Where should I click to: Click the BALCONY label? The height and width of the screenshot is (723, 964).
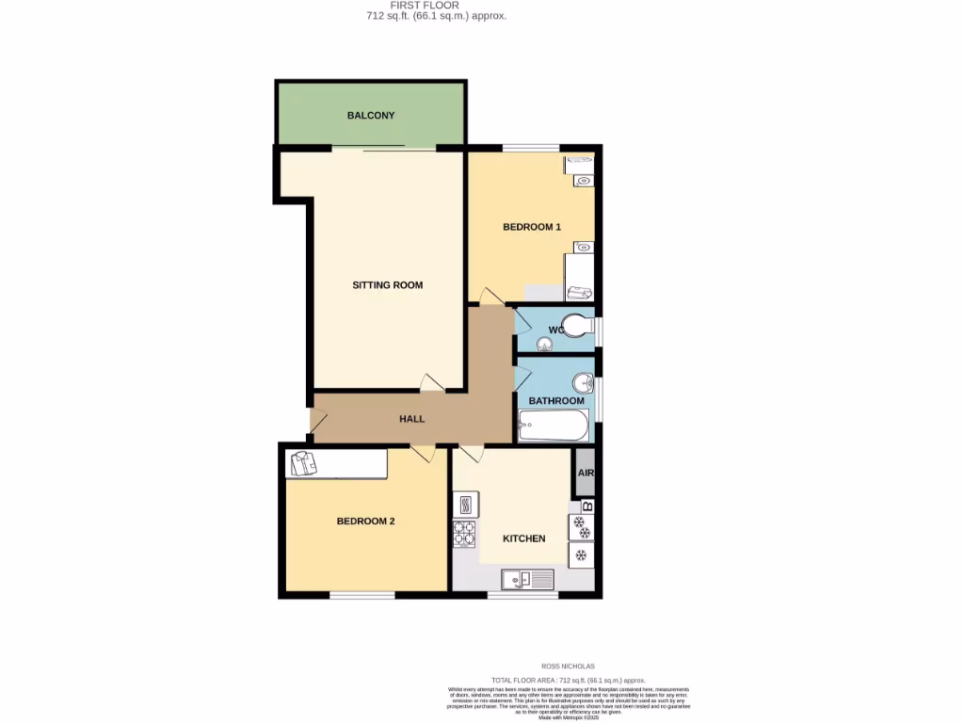coord(371,116)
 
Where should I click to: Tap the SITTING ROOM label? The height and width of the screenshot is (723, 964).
coord(387,285)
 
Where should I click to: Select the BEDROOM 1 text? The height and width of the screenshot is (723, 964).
coord(531,227)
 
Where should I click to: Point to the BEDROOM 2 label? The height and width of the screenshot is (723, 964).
coord(365,522)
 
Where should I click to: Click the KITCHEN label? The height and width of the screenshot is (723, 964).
coord(523,538)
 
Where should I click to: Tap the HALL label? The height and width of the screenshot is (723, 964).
coord(411,419)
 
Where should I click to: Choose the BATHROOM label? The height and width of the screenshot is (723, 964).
coord(555,401)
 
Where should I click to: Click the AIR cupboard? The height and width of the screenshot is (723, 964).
coord(585,474)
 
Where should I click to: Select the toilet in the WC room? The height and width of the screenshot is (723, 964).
coord(578,329)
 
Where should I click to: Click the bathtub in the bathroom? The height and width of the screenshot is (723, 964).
coord(554,428)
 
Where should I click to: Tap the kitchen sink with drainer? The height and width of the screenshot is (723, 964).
coord(529,579)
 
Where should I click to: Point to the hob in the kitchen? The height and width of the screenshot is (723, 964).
coord(465,534)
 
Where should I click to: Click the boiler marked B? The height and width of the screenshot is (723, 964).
coord(587,506)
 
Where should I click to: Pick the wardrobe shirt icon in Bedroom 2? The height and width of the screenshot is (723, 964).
coord(304,463)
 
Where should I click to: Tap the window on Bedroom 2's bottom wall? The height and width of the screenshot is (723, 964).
coord(361,595)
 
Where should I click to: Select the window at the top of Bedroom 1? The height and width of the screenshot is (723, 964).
coord(531,147)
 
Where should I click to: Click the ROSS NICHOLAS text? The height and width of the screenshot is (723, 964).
coord(568,666)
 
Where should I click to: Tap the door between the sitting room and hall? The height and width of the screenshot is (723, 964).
coord(431,384)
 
